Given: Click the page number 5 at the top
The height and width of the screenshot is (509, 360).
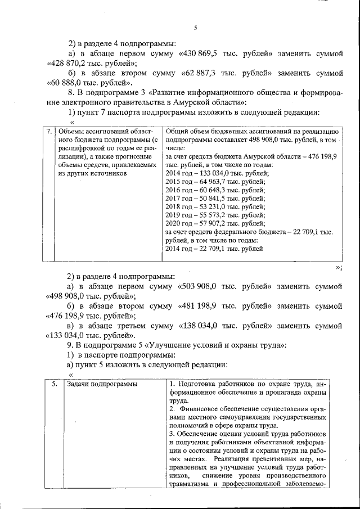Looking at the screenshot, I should coord(195,28).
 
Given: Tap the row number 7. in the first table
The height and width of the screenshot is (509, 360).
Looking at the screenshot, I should coord(49,132).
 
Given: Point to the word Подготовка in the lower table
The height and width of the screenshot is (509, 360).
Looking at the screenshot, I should coord(200,384).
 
